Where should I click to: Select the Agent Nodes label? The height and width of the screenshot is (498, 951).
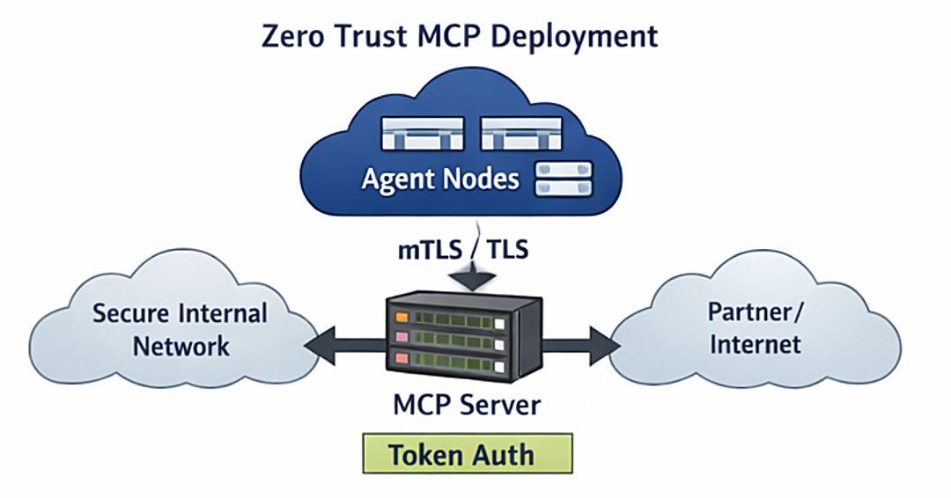(x=440, y=179)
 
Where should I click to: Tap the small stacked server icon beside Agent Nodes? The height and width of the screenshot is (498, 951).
(x=564, y=179)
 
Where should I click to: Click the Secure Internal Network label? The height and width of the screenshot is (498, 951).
(x=181, y=328)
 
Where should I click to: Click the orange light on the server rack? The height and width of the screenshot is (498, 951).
(x=401, y=315)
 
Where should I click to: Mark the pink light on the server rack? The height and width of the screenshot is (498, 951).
(x=402, y=337)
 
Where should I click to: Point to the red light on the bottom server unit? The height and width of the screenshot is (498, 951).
(x=402, y=359)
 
